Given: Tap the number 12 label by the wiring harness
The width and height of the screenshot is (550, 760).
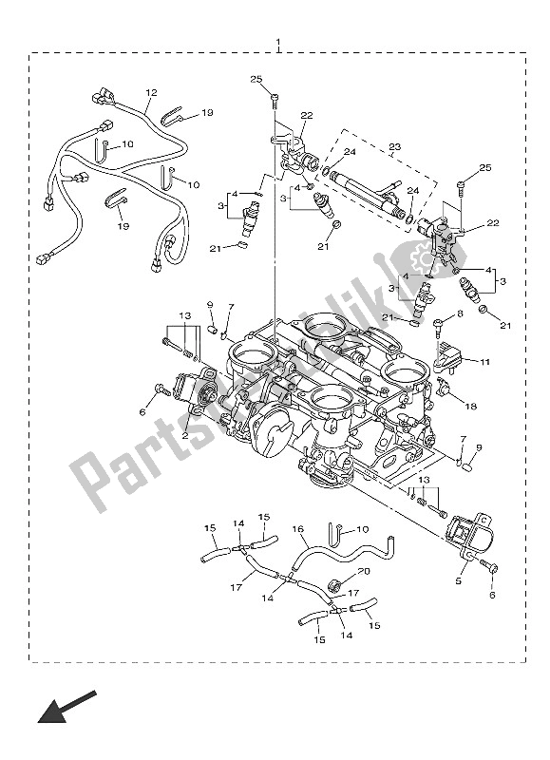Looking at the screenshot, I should [150, 93].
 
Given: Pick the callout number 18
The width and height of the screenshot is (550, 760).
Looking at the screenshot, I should [471, 406].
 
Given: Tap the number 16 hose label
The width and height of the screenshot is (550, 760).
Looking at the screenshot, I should [297, 528].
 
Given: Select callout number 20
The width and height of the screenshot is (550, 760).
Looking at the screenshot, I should [363, 572].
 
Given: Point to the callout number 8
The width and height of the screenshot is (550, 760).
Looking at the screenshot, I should [459, 313].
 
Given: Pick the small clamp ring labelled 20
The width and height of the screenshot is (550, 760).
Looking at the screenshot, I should [336, 583].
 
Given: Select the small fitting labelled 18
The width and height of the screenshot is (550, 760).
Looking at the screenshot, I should [444, 389].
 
